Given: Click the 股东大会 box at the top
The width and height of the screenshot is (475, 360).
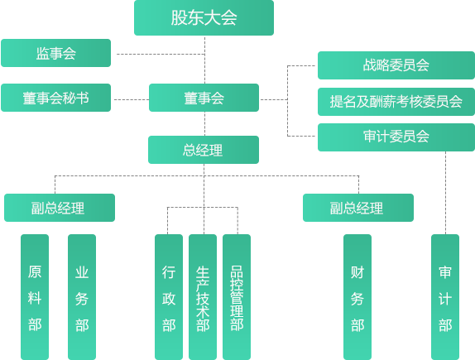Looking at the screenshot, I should [x=204, y=18].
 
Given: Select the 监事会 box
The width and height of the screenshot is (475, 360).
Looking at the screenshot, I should [x=55, y=53].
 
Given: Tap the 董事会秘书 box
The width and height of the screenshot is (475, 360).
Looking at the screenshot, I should [x=55, y=98].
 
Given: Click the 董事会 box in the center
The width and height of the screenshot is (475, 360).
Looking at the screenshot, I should [x=204, y=98].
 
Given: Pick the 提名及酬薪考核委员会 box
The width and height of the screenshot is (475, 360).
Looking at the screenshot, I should [x=396, y=101].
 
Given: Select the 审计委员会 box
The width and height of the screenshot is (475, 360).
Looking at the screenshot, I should [x=396, y=137].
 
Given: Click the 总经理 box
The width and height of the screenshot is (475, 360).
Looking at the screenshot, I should [x=204, y=150].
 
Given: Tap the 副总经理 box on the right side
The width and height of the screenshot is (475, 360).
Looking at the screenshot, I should [x=357, y=208].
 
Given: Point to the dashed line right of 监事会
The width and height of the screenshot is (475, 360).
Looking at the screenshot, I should [x=157, y=54].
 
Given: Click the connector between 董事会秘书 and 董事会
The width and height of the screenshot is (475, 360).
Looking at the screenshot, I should [x=130, y=99].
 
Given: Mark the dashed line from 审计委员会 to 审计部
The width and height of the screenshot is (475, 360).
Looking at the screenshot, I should [x=445, y=190].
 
